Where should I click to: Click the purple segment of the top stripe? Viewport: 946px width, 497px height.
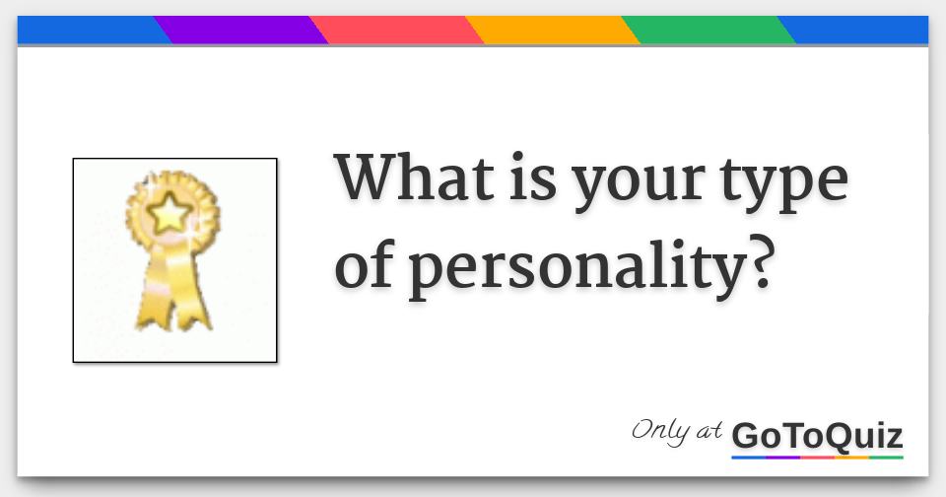[241, 31]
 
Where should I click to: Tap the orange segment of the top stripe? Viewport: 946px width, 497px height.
[553, 31]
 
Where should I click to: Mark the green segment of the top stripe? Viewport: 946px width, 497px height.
[709, 31]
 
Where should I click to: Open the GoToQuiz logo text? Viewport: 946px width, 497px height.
[817, 435]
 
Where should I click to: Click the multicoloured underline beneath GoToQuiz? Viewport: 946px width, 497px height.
[817, 458]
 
